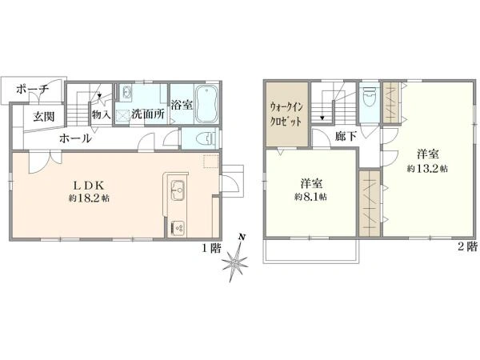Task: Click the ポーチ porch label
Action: [x=32, y=90]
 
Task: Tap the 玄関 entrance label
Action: [x=44, y=117]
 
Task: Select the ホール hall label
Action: [x=75, y=138]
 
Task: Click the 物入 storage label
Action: [x=101, y=115]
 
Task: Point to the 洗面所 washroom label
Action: [x=148, y=114]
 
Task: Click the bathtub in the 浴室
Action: [x=206, y=103]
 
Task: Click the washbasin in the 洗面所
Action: [x=126, y=91]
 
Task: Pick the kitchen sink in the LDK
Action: [x=178, y=190]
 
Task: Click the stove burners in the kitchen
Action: [x=178, y=228]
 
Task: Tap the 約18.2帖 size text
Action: [x=89, y=198]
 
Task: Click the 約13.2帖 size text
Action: [x=427, y=168]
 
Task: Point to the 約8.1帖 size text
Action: [x=310, y=197]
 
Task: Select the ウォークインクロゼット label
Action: [x=286, y=114]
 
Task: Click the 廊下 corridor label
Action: [x=346, y=136]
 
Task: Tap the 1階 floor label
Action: [x=211, y=248]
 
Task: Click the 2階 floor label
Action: [x=467, y=246]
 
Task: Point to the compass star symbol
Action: [x=235, y=262]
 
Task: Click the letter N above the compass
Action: [x=242, y=237]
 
